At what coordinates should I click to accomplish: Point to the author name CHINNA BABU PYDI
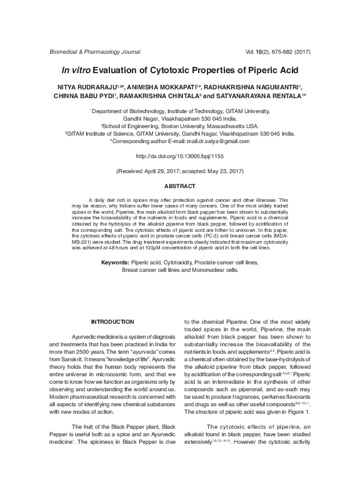tap(81, 97)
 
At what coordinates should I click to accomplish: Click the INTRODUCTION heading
tap(112, 321)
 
